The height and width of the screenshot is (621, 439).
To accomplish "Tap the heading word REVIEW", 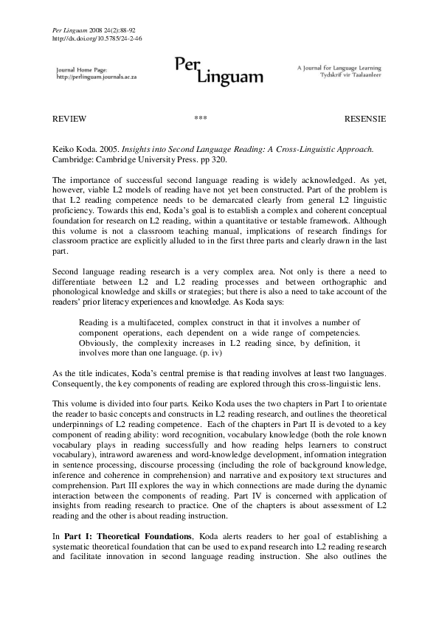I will pos(70,119).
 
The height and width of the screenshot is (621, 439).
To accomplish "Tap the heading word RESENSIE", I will pos(364,119).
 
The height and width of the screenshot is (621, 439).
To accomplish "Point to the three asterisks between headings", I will pos(200,119).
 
